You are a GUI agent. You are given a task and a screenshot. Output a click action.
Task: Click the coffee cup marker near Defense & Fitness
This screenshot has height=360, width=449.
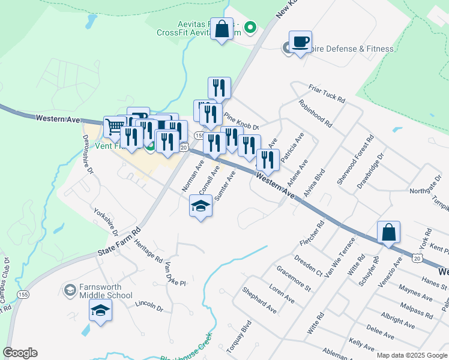coord(300,42)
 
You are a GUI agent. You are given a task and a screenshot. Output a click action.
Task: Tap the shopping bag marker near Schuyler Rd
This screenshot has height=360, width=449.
coord(388,232)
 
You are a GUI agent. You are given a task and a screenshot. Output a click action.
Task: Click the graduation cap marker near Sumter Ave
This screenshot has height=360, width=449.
coord(200,206)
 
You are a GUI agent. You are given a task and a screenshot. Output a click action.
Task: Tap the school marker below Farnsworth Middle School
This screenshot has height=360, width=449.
coord(101,311)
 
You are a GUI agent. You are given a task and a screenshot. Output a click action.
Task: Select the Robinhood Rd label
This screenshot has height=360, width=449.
coord(315,113)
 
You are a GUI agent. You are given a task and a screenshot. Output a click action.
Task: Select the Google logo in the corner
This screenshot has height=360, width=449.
coord(20,353)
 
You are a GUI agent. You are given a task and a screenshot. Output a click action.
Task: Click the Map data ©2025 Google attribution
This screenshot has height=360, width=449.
coord(411,355)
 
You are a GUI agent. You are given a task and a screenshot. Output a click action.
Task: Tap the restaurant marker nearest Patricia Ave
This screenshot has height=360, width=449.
coord(268,160)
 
